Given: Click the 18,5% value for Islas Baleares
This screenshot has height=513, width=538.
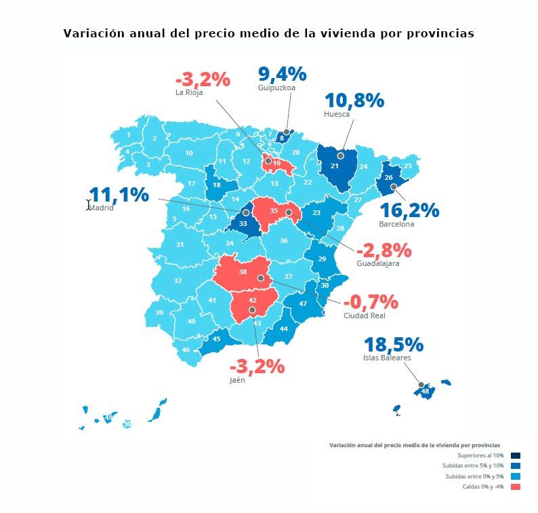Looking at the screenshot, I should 394,345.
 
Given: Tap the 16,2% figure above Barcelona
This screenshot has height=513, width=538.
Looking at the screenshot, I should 409,210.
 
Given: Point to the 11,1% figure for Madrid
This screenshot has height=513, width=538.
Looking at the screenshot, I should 119,195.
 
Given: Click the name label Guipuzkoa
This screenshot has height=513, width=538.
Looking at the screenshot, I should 276,88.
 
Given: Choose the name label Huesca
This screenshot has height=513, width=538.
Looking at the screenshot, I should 337,114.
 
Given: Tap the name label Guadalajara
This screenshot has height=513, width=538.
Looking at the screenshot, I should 377,263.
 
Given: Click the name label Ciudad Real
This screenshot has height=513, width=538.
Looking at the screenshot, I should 365,316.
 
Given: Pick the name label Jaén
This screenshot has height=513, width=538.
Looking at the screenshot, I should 237,381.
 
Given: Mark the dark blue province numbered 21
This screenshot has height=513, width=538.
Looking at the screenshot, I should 335,166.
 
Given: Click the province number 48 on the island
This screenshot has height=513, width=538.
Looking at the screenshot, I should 425,392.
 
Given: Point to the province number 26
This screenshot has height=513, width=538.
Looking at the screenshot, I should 388,177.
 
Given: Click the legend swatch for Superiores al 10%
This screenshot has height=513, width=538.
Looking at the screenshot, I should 516,455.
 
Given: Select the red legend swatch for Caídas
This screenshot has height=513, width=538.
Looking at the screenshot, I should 516,487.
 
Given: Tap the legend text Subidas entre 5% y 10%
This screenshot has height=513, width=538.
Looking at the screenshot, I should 474,465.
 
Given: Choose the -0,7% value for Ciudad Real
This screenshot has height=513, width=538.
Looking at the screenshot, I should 371,302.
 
